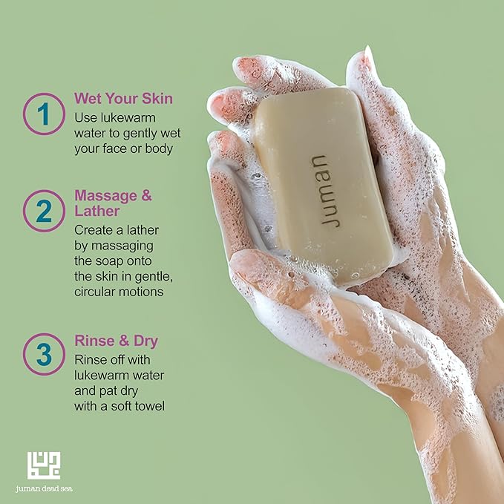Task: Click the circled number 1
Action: [44, 114]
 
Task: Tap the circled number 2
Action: [44, 211]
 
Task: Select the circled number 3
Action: [44, 354]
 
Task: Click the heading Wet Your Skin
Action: [123, 99]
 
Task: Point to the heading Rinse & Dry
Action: [117, 341]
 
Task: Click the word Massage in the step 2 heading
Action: [105, 196]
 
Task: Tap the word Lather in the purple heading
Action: [97, 212]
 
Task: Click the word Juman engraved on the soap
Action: [324, 191]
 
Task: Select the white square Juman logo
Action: [43, 465]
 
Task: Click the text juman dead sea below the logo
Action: [44, 489]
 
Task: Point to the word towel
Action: [151, 406]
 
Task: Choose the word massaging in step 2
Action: [122, 246]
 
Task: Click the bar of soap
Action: [323, 186]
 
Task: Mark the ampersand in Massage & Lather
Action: [146, 195]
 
